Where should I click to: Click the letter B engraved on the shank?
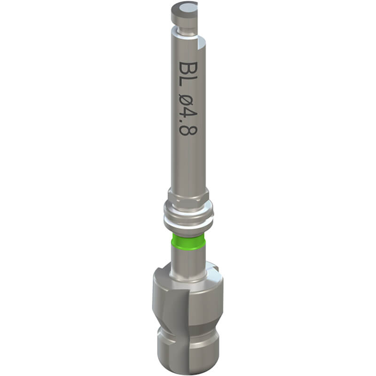(x=188, y=68)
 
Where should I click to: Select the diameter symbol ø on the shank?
(x=188, y=100)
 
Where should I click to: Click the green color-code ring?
(x=188, y=242)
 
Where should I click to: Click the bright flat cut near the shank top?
(x=202, y=44)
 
